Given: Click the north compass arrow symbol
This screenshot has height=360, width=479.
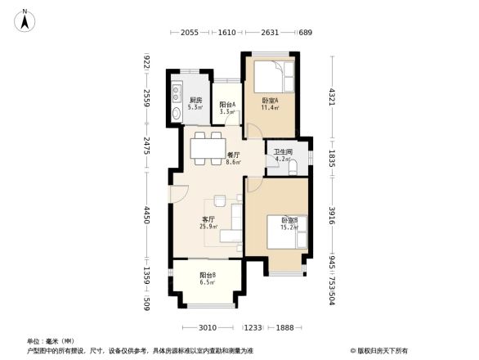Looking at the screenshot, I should pos(25,20).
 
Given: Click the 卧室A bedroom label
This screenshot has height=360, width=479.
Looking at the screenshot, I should pos(270,103).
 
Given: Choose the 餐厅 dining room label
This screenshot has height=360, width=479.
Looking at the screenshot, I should pos(234,158).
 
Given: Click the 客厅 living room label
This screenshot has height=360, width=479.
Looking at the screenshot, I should pos(208,222).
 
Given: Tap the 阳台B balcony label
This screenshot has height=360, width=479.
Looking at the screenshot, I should pos(208,277).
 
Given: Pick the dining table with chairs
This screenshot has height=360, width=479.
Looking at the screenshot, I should pos(207,146).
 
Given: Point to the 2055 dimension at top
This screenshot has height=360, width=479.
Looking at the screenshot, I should pos(190,32).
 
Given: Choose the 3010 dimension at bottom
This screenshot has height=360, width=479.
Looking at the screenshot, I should pos(208,327).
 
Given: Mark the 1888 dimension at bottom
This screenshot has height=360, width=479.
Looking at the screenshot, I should pos(284,327).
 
